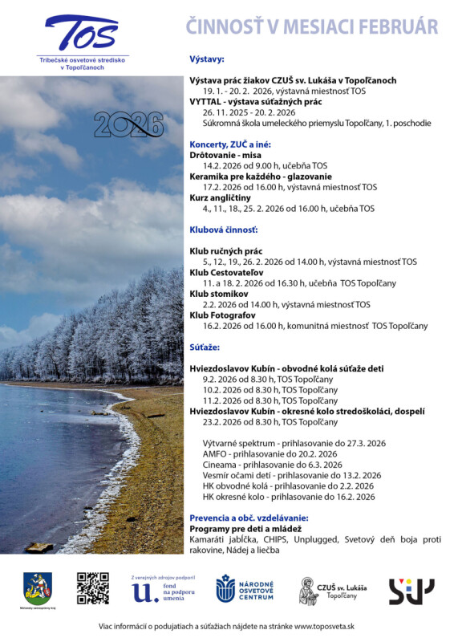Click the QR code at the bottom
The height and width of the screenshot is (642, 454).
point(92,587)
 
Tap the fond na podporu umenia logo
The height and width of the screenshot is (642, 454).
point(163,589)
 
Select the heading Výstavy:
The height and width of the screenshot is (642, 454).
point(207,59)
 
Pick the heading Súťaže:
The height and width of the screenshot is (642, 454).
point(205,347)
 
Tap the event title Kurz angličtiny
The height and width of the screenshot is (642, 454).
point(220,197)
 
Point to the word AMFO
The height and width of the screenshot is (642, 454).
point(216,453)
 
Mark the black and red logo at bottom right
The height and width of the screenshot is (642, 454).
point(411,591)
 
